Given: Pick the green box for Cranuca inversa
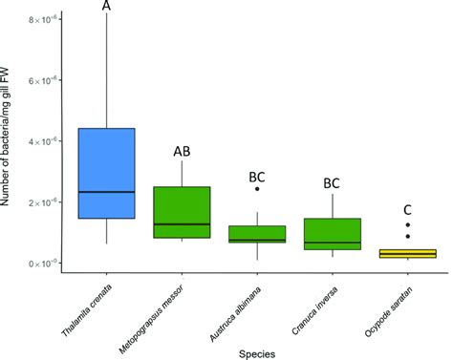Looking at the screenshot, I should tap(332, 232).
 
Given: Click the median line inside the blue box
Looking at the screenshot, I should tap(107, 192).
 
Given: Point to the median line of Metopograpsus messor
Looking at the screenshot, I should tap(182, 224).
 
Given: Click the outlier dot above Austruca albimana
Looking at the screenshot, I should tap(257, 189).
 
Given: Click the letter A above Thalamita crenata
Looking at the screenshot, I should tap(106, 8).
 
